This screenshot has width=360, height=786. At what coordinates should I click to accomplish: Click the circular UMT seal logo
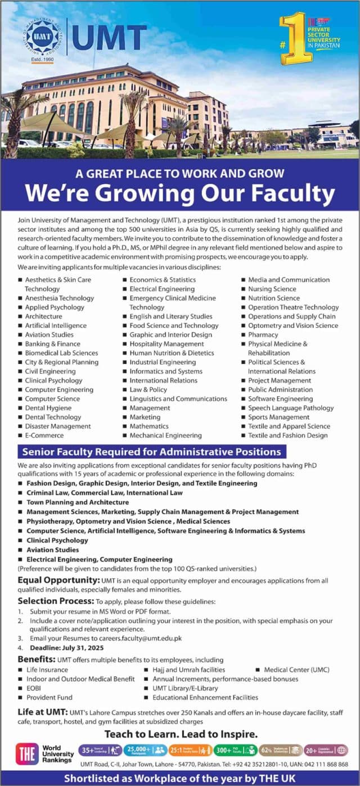[x=42, y=37]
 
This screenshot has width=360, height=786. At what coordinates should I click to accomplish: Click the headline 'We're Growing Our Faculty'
[x=180, y=194]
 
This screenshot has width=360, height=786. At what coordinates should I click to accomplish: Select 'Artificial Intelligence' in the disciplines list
[x=56, y=325]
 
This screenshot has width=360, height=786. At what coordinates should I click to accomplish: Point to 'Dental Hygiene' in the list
[x=48, y=408]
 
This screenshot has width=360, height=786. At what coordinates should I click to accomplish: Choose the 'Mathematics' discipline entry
[x=149, y=426]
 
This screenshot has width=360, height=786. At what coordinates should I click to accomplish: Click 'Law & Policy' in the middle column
[x=148, y=389]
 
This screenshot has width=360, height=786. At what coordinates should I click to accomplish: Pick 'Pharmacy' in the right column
[x=263, y=335]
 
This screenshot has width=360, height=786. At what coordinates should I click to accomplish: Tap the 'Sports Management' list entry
[x=278, y=417]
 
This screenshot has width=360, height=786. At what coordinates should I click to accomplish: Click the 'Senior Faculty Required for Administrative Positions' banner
[x=151, y=452]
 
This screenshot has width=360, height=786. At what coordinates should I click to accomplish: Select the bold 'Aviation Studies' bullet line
[x=52, y=550]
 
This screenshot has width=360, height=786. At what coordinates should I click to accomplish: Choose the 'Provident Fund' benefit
[x=49, y=697]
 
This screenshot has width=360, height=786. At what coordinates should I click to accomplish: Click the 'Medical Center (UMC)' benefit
[x=296, y=670]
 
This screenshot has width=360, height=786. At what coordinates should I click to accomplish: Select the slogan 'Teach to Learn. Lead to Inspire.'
[x=181, y=734]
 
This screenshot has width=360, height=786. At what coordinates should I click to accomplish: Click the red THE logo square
[x=27, y=753]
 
